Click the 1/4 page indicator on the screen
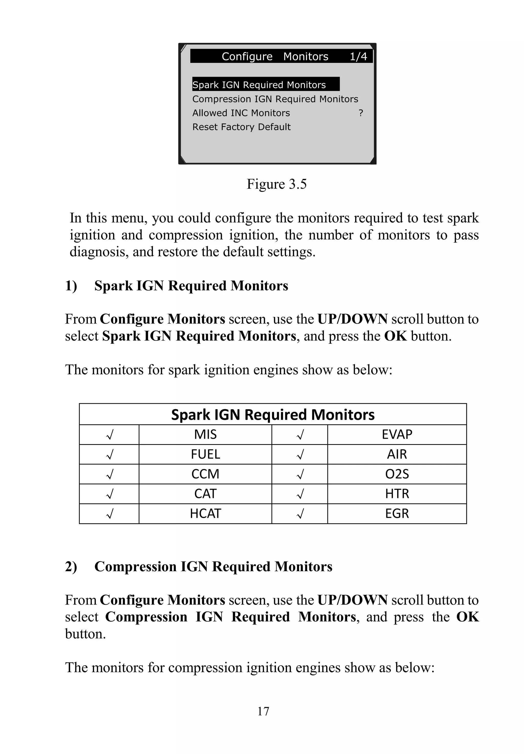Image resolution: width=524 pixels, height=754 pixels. pos(358,57)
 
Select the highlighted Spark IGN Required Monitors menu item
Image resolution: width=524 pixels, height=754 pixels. pos(259,85)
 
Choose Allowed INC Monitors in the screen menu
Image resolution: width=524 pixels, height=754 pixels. pos(241,113)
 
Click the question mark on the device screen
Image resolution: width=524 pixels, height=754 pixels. pos(361,113)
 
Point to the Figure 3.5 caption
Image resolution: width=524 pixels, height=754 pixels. pos(276,184)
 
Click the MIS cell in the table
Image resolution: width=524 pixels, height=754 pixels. pos(205,434)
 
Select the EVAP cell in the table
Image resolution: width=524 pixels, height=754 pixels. pos(397,434)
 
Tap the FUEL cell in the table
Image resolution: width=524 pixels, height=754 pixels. pos(205,454)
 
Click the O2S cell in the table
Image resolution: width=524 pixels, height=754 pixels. pos(397,474)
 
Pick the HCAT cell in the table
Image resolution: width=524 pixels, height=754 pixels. pos(205,513)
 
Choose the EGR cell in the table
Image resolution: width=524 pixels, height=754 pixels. pos(397,513)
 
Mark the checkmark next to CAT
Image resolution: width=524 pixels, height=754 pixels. pos(110,494)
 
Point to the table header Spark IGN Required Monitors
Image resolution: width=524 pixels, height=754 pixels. pos(272,414)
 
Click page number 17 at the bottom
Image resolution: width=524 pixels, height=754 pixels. pos(263,711)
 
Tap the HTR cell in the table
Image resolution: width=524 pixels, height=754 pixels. pos(397,493)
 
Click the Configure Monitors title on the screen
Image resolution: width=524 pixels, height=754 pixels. pos(275,57)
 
